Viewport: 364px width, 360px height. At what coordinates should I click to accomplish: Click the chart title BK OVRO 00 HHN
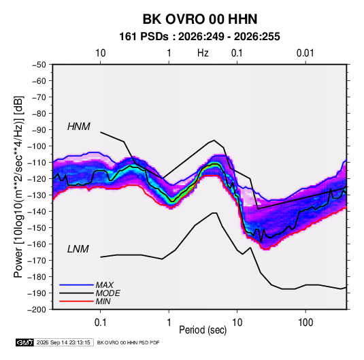[x=200, y=19]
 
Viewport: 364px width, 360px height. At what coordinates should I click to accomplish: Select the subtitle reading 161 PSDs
[x=144, y=37]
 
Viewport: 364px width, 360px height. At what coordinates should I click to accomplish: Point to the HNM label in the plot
[x=79, y=127]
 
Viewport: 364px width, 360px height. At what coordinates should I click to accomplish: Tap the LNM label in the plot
[x=78, y=249]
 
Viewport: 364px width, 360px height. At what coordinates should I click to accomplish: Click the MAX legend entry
[x=105, y=284]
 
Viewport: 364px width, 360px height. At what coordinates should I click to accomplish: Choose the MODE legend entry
[x=107, y=293]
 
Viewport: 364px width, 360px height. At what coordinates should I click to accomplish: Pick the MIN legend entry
[x=103, y=301]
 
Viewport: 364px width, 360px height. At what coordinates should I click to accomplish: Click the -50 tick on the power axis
[x=39, y=65]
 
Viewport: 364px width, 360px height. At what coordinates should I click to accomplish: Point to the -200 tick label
[x=37, y=310]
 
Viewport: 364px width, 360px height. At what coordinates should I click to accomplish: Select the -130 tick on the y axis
[x=37, y=195]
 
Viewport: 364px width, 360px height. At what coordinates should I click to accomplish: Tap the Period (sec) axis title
[x=203, y=330]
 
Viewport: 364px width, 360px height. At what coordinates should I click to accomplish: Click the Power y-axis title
[x=18, y=187]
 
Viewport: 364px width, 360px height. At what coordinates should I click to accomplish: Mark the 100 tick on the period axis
[x=305, y=323]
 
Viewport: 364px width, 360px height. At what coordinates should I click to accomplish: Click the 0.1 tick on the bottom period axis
[x=100, y=323]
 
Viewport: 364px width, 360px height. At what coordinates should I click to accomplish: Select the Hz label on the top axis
[x=203, y=53]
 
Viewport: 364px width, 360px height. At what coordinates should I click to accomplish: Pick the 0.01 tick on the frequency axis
[x=305, y=53]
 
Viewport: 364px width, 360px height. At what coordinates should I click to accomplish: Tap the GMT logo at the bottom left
[x=25, y=342]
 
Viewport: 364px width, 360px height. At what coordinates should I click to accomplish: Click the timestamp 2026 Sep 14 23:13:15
[x=63, y=342]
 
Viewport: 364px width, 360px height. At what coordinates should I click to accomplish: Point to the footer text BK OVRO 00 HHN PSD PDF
[x=128, y=342]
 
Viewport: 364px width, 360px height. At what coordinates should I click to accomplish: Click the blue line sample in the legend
[x=76, y=284]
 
